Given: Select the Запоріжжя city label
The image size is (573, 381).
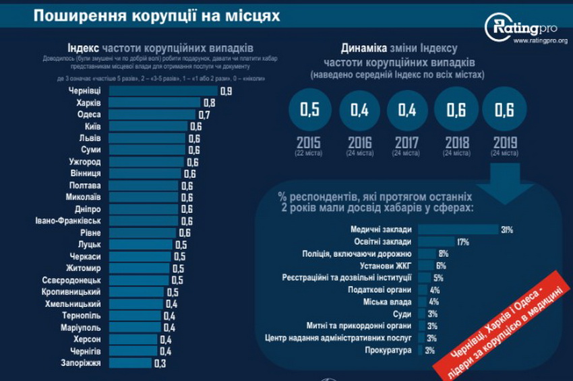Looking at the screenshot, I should click(80, 363).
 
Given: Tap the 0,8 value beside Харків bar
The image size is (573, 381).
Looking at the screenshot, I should click(209, 102).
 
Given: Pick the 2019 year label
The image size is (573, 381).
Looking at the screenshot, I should click(505, 143).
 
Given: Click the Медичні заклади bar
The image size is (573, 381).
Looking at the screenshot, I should click(458, 230).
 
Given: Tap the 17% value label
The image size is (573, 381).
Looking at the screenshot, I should click(463, 242).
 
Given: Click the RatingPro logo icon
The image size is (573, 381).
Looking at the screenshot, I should click(497, 27).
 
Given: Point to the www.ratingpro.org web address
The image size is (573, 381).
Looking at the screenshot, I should click(540, 40).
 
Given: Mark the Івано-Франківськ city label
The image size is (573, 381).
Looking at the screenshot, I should click(68, 221).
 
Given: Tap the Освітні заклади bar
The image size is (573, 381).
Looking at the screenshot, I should click(436, 242).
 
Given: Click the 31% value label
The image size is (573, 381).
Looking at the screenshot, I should click(507, 230).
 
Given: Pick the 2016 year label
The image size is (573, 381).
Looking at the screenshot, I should click(359, 143).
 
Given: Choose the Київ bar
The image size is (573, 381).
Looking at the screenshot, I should click(148, 127).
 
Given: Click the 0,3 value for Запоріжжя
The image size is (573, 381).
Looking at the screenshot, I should click(160, 363).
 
